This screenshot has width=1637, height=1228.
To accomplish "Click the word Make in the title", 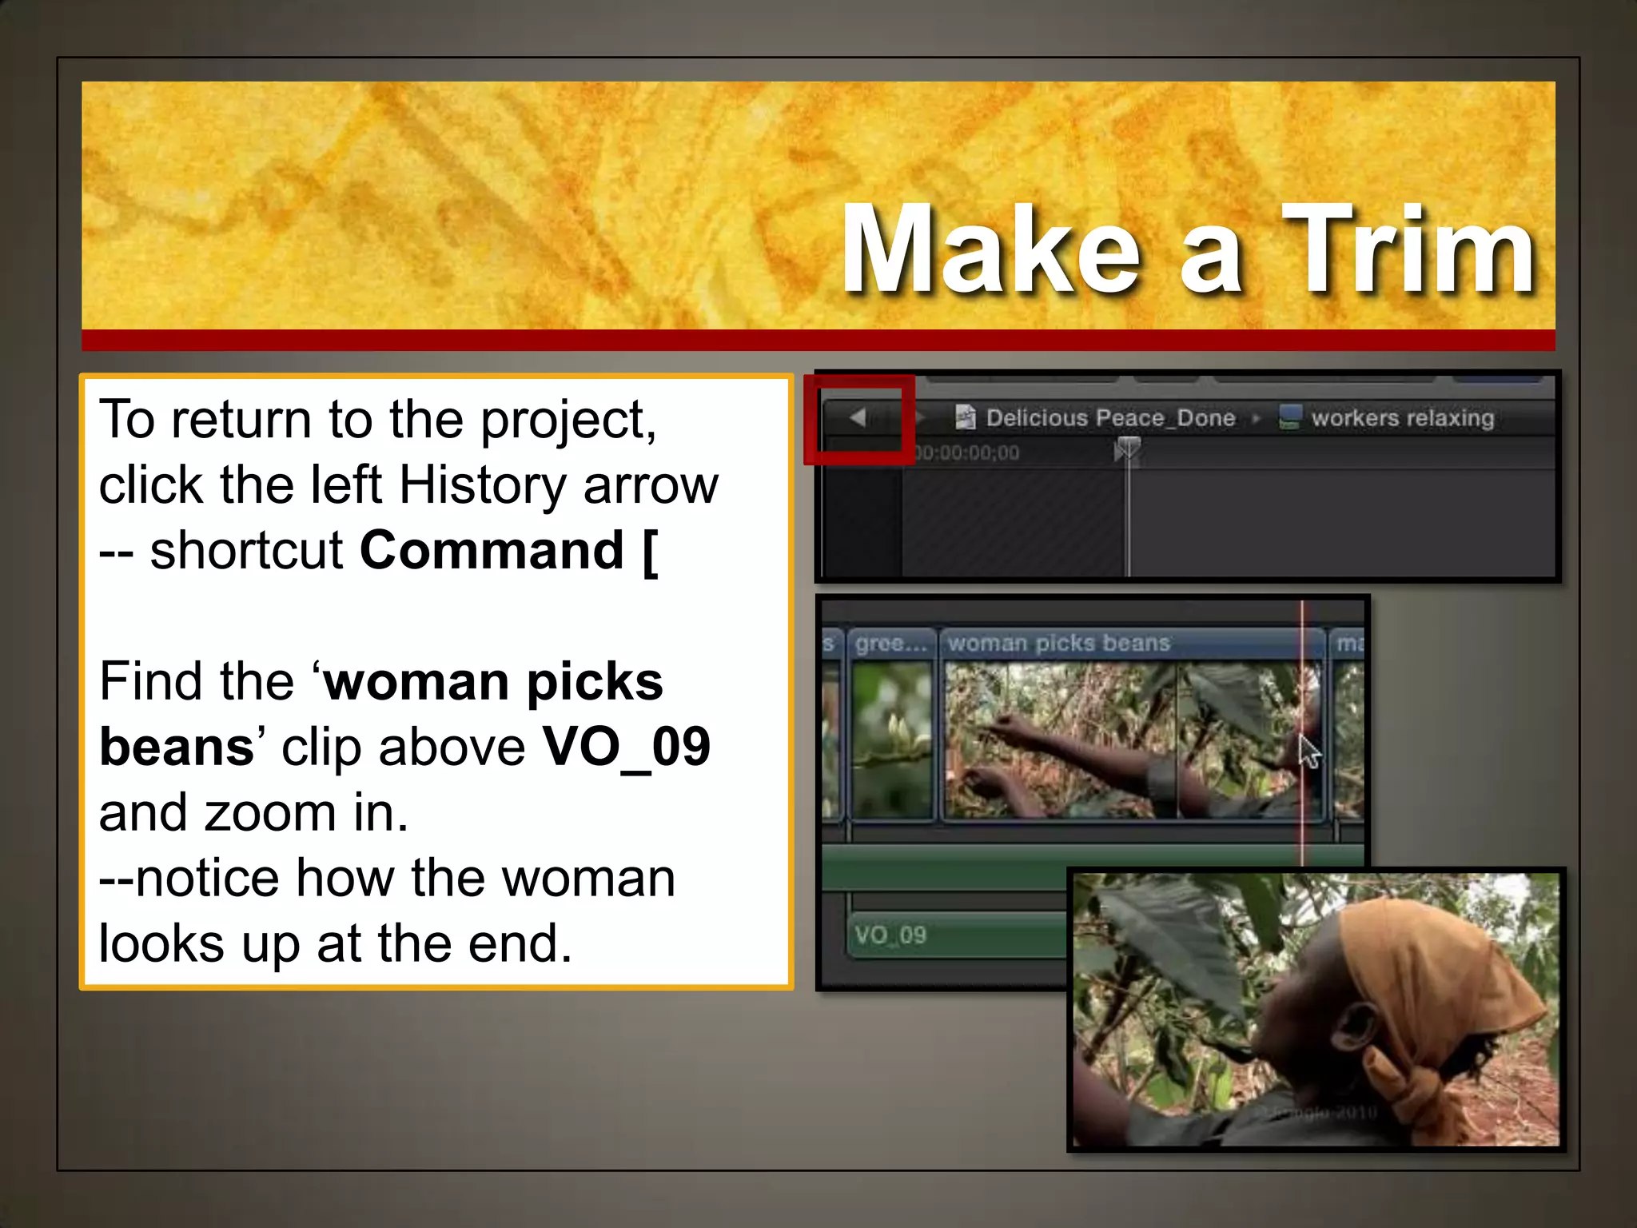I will (x=991, y=249).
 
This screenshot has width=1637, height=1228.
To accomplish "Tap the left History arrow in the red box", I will (x=858, y=417).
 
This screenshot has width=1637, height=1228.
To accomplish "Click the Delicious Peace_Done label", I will (x=1110, y=417).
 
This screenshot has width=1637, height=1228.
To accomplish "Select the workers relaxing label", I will (x=1402, y=417).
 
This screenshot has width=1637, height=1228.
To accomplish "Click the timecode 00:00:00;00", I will (x=968, y=453).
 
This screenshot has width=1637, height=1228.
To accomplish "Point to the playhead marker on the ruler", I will (x=1127, y=450).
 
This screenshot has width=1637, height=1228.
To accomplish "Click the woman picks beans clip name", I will (x=1058, y=643).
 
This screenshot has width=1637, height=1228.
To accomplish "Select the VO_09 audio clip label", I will (x=890, y=935).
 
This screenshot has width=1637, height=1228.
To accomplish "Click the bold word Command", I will (x=492, y=551).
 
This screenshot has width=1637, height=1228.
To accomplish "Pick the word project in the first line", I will (x=568, y=420).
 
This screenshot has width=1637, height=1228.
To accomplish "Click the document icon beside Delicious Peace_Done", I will (x=966, y=417).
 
